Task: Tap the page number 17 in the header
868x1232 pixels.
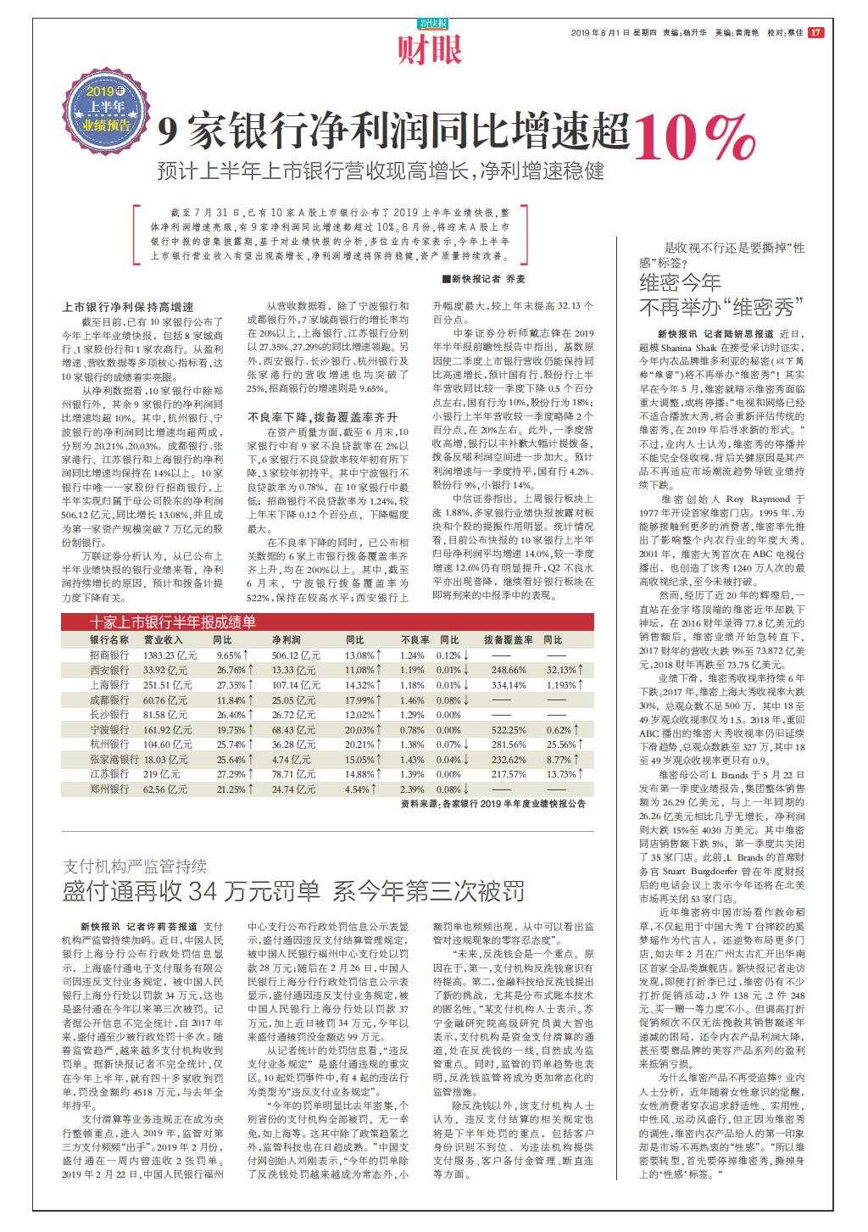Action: [815, 33]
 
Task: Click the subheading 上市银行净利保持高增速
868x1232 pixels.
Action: [128, 307]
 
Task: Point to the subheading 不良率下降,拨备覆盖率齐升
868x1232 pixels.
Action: [322, 417]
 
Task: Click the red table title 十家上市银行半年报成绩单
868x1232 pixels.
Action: [173, 622]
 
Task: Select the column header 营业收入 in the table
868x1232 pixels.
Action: [164, 639]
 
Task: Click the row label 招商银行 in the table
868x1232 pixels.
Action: [109, 655]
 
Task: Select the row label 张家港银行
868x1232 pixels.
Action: [114, 759]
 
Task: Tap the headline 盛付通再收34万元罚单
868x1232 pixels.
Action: [192, 891]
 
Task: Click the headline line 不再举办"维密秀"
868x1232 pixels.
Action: [720, 305]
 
